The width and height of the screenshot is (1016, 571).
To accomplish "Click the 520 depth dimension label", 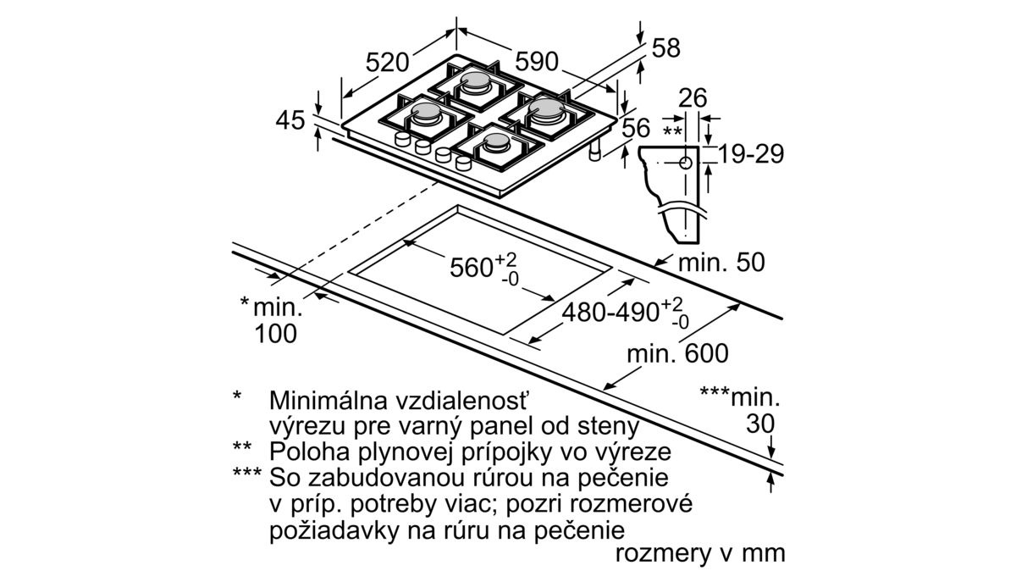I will coord(388,63).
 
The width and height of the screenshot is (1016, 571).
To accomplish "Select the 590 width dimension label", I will coord(537,62).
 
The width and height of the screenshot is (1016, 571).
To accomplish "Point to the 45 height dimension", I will coord(290,121).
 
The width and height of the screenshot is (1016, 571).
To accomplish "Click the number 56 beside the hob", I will coord(636,128).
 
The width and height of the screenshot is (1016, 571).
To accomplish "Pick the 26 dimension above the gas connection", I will coord(693,98).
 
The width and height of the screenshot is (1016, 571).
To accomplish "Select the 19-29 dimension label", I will coord(751,153).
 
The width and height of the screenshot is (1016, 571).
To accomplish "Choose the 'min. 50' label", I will coord(721,262).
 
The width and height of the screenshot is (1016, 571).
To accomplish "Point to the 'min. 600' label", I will coord(677,352).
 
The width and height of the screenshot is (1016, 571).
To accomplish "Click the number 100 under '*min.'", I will coord(276,334).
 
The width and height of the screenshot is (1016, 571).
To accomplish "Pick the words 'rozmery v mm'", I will coord(701,553).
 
